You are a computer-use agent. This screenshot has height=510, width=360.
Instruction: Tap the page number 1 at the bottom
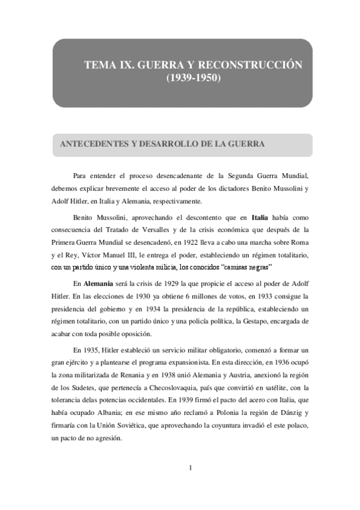(190, 467)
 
